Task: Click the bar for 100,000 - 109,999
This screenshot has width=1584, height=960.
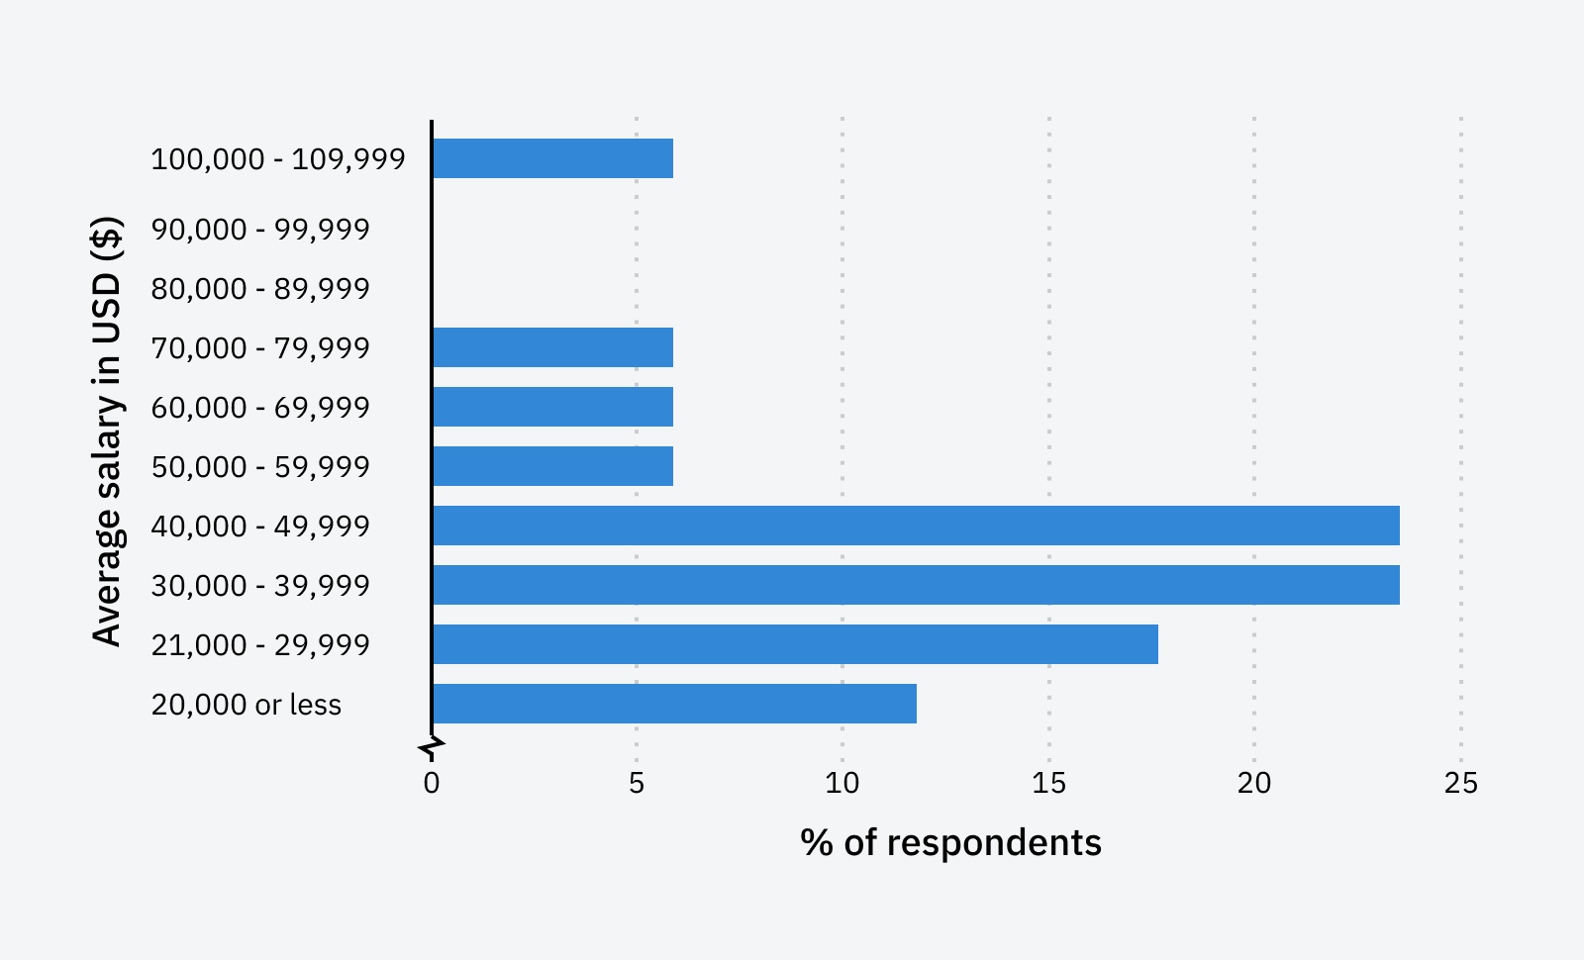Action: click(552, 158)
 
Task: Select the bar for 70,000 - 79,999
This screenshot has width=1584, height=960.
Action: click(552, 347)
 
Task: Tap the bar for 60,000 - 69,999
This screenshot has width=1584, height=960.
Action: click(552, 407)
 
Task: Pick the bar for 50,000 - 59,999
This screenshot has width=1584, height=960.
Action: click(552, 466)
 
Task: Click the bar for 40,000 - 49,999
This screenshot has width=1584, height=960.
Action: click(916, 526)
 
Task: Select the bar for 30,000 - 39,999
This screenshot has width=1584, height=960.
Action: click(916, 585)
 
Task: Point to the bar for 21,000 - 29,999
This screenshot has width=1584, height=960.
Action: click(795, 644)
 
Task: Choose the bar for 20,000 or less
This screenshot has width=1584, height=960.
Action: click(674, 704)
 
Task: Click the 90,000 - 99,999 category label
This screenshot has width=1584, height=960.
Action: click(260, 230)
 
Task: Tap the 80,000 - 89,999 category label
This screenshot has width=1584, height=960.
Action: click(260, 289)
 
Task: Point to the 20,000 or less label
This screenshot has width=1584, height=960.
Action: click(247, 705)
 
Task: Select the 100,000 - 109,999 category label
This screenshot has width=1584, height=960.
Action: click(278, 159)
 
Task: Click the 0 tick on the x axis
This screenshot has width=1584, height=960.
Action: click(432, 784)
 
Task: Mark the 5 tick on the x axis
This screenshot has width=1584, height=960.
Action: click(637, 784)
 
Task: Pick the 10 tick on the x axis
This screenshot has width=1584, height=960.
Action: click(842, 784)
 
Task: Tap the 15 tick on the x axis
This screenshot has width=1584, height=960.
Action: click(1048, 784)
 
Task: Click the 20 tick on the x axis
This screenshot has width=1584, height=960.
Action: click(1254, 784)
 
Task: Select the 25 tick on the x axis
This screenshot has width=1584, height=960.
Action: click(1460, 784)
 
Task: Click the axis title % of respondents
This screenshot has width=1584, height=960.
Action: click(950, 843)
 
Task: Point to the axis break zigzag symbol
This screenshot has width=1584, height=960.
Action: click(432, 747)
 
